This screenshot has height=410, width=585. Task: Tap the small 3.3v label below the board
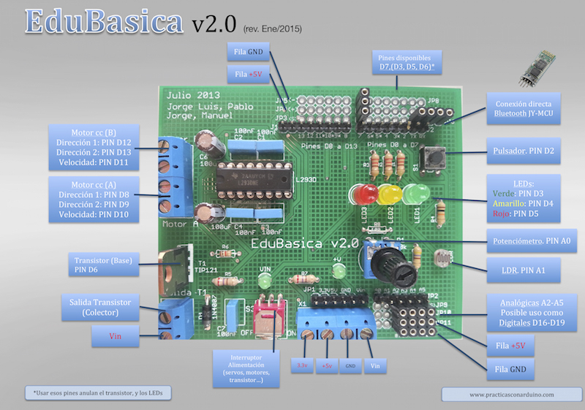click(302, 365)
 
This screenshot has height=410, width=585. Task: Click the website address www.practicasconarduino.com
click(505, 394)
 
